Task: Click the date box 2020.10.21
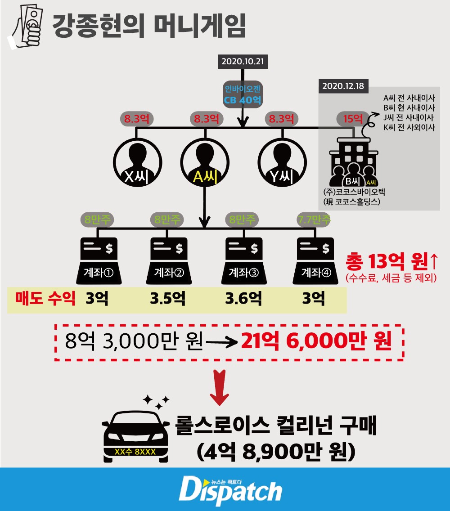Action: point(242,61)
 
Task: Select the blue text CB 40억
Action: point(243,100)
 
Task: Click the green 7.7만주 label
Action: point(314,220)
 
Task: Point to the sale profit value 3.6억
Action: point(243,299)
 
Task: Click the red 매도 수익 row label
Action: point(44,299)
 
